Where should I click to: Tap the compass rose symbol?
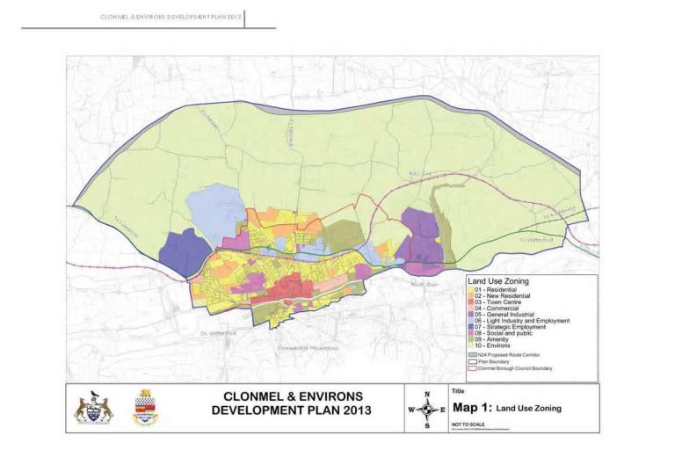pyautogui.click(x=428, y=409)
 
